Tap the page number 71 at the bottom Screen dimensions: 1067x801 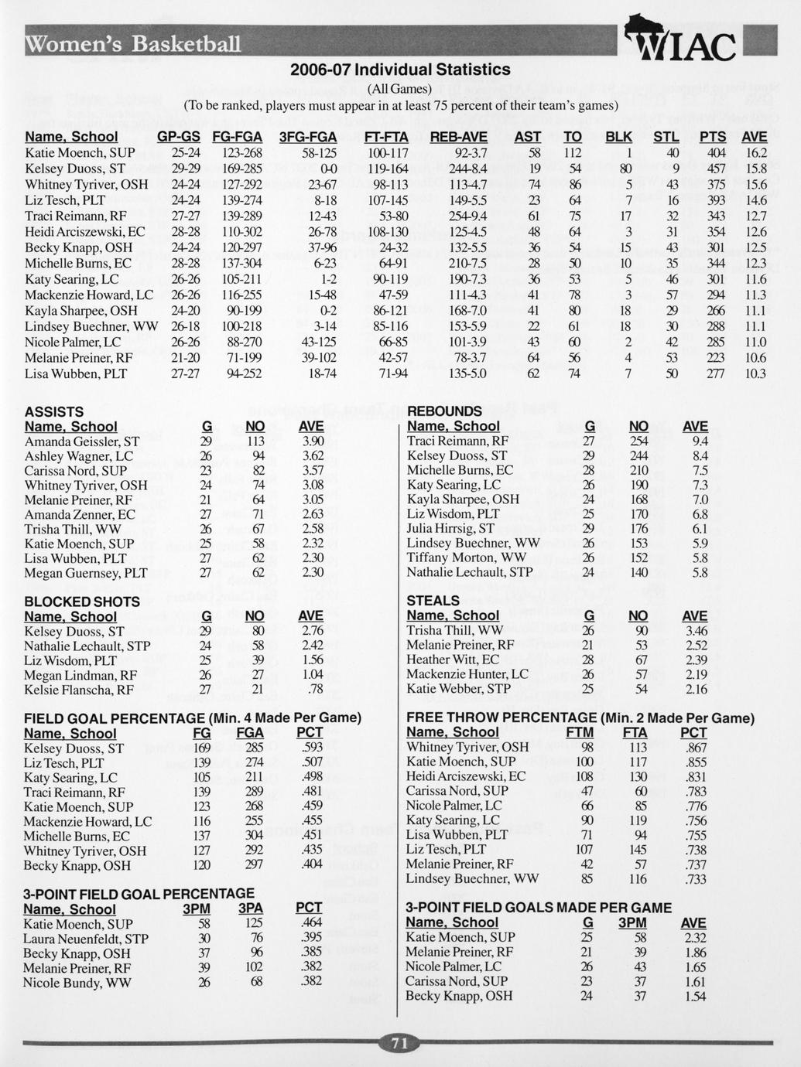pos(399,1043)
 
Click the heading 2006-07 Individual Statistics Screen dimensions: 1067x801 pos(400,70)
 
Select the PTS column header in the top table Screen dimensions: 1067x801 pos(713,137)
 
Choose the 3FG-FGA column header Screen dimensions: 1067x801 pos(308,137)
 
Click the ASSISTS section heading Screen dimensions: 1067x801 pos(54,411)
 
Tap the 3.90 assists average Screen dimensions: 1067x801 pos(311,441)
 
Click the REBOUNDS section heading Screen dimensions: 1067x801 pos(444,411)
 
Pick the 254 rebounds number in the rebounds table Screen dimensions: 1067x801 pos(638,441)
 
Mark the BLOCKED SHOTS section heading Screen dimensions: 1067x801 pos(82,602)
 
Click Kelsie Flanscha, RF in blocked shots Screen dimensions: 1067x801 pos(79,690)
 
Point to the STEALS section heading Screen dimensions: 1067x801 pos(433,601)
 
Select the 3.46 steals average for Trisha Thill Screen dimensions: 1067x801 pos(696,630)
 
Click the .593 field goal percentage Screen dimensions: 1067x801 pos(310,748)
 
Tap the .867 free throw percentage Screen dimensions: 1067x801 pos(695,747)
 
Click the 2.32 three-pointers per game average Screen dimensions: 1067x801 pos(695,937)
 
